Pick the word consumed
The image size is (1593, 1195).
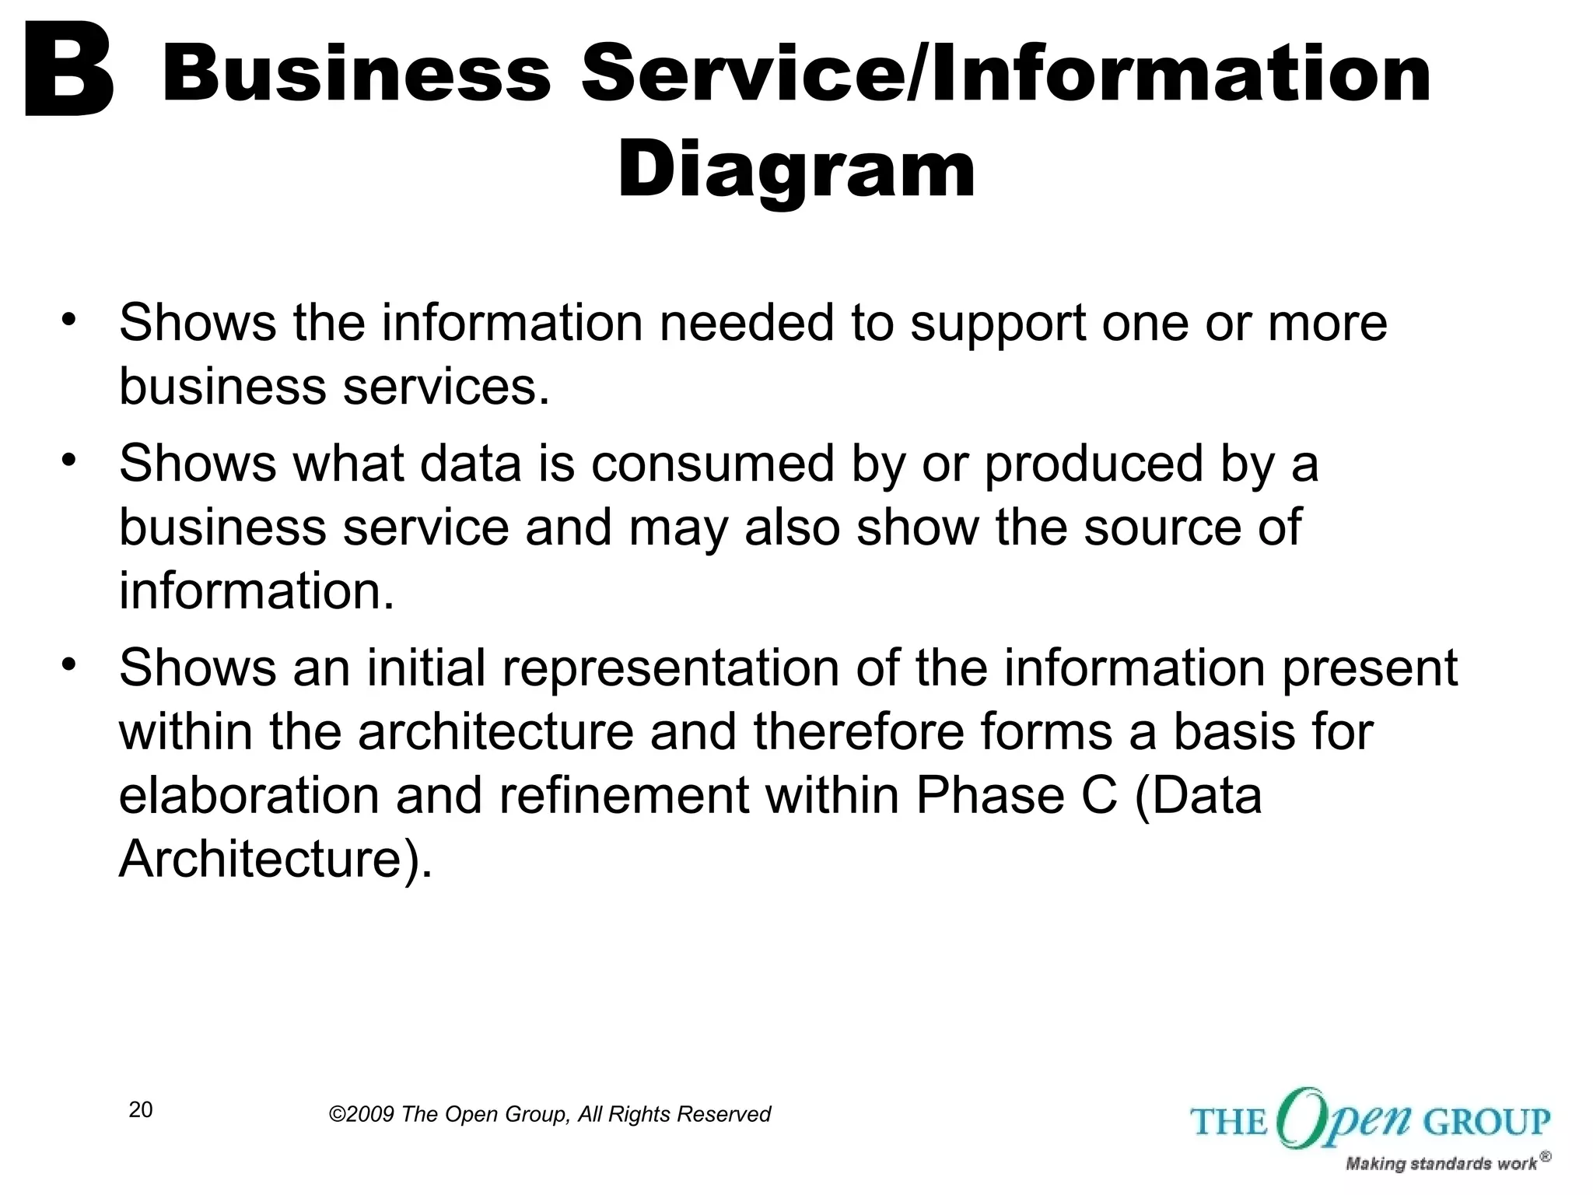click(712, 464)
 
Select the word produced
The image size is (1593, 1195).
click(1094, 465)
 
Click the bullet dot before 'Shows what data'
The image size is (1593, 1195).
click(69, 459)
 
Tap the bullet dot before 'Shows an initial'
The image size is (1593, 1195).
click(69, 664)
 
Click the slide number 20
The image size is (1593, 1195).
click(141, 1110)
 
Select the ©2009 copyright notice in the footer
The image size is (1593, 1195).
click(549, 1114)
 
